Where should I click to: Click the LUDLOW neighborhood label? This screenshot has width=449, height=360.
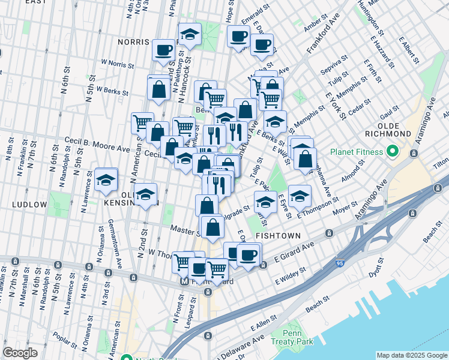click(29, 205)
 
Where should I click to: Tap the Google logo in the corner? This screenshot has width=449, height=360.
click(20, 353)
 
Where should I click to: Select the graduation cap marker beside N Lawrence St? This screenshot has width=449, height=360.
click(106, 179)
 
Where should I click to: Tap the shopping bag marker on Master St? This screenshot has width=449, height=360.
click(212, 227)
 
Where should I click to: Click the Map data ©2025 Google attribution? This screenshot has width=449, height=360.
click(412, 355)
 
